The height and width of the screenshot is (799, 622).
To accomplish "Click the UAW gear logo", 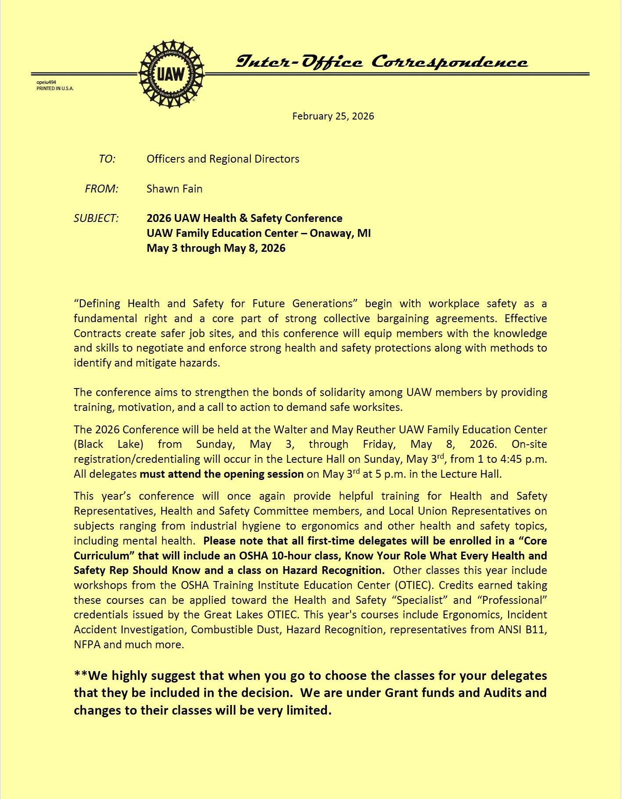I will [x=171, y=74].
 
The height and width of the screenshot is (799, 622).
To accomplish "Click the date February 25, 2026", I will [x=333, y=116].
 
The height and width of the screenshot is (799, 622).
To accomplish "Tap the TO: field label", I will [x=107, y=159].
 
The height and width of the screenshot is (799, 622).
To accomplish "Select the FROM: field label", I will [x=101, y=189].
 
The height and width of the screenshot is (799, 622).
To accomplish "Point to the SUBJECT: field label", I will [x=96, y=218].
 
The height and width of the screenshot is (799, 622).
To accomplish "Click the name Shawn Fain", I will [x=174, y=189].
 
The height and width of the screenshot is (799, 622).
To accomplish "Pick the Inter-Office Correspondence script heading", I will [x=381, y=62].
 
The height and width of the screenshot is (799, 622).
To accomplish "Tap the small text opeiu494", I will [x=46, y=82].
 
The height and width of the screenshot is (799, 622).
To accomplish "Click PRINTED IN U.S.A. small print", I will [x=55, y=88].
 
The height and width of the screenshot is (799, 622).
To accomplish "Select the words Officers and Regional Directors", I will [x=223, y=159].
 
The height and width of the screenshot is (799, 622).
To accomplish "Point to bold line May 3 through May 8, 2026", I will [x=216, y=248].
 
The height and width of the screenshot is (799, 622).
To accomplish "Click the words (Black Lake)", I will [x=108, y=444].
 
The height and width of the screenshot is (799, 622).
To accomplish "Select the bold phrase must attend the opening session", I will [x=221, y=474].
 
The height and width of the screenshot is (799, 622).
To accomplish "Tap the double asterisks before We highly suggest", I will [x=81, y=676].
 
